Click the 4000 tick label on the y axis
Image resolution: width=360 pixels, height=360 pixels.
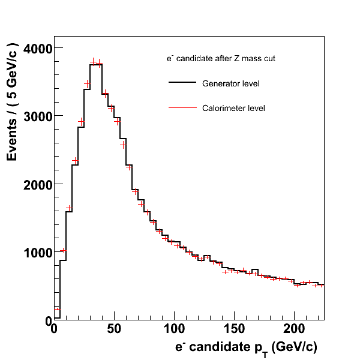37,48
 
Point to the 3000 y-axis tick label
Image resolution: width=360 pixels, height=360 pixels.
37,116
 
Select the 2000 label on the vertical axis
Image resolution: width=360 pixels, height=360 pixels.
37,184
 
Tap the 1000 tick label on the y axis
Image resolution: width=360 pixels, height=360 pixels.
37,253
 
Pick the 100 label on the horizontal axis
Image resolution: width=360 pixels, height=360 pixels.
174,330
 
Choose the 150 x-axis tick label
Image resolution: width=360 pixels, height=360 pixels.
234,330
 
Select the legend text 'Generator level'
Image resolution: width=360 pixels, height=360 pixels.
231,83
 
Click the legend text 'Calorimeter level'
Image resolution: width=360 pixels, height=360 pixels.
233,109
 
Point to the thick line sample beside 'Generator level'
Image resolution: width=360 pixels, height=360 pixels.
183,83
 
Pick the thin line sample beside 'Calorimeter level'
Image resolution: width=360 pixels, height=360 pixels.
183,109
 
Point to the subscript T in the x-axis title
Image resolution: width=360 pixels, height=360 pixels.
265,352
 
